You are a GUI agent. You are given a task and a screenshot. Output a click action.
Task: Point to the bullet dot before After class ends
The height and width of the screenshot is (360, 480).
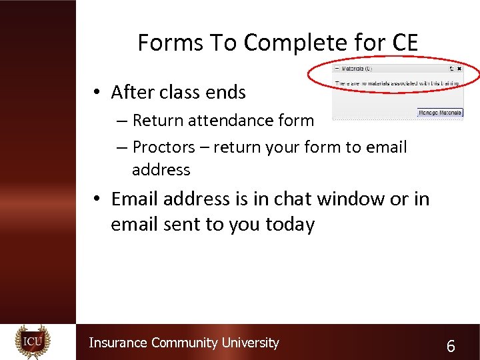tap(97, 92)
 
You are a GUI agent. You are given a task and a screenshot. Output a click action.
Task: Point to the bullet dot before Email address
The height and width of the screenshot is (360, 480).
tap(97, 199)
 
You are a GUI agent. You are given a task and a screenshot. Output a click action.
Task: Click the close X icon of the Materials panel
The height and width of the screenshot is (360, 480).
tap(459, 69)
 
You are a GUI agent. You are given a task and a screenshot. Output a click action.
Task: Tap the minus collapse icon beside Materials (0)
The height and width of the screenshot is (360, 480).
tap(337, 69)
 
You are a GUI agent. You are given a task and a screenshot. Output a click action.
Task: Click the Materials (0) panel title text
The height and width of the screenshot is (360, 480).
tap(357, 69)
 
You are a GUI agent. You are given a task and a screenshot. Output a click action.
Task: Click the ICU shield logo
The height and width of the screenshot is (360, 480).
tap(33, 342)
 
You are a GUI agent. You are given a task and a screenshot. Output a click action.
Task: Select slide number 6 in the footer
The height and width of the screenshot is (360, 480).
tap(451, 346)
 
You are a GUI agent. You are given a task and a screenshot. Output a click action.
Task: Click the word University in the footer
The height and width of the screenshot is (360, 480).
tap(250, 343)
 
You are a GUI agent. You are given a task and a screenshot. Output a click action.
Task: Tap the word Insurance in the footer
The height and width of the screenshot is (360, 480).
tap(118, 343)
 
